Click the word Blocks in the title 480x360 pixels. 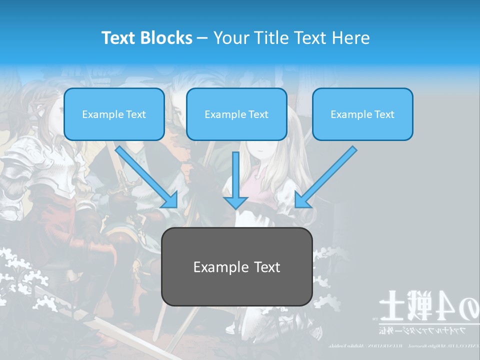click(166, 38)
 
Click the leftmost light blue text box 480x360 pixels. click(114, 114)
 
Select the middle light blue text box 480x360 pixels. click(236, 114)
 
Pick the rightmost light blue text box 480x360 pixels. click(362, 114)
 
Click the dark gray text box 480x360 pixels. click(236, 266)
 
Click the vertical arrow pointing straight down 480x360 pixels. click(235, 180)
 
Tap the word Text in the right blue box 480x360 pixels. click(384, 114)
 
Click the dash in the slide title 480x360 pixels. click(202, 38)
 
